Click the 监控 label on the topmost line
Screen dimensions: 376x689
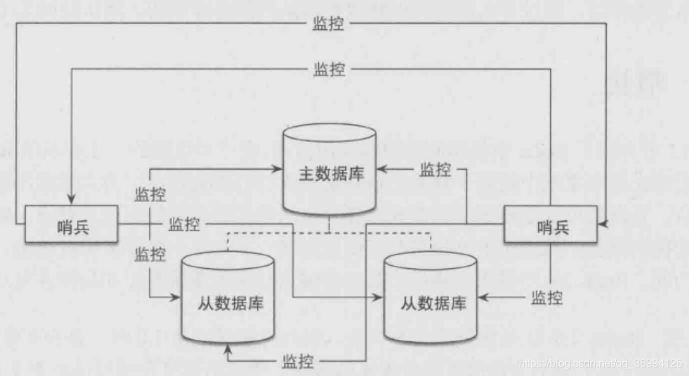tap(328, 24)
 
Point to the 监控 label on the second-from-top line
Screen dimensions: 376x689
tap(329, 68)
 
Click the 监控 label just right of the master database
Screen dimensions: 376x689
tap(435, 169)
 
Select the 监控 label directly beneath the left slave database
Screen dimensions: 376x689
tap(297, 361)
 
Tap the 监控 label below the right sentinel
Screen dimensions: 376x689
tap(546, 297)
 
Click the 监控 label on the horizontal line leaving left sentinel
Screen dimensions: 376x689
tap(184, 223)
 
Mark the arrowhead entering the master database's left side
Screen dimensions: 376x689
tap(277, 170)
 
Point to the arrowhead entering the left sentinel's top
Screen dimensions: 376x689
tap(72, 201)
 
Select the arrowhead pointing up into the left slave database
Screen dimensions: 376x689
tap(229, 349)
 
